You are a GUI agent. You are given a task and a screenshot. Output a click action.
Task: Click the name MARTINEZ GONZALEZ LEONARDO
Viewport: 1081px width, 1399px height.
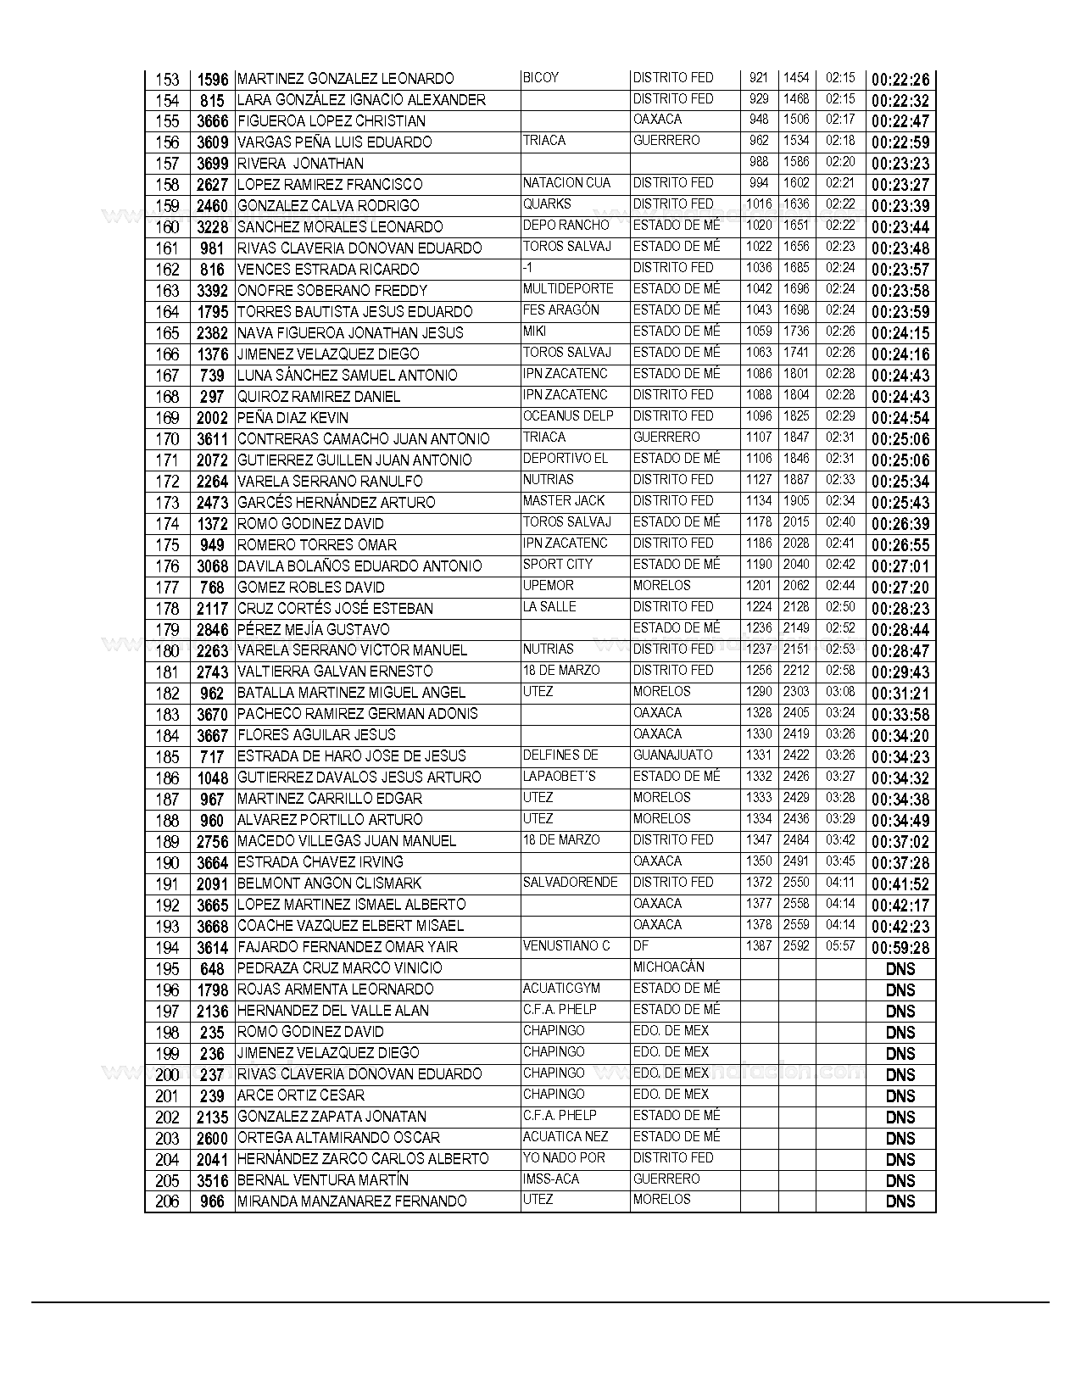pos(345,79)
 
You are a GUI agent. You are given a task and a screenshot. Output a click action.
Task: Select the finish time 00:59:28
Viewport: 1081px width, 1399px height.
pos(900,948)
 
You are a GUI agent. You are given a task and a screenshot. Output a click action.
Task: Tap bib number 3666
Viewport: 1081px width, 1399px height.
pos(212,121)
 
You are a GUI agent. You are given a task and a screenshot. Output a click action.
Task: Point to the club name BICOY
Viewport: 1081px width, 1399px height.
pos(541,77)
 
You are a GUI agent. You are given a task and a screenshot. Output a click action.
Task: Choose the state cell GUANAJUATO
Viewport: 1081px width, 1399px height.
pos(673,755)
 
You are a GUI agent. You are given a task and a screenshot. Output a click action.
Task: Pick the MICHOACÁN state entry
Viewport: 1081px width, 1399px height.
pos(669,967)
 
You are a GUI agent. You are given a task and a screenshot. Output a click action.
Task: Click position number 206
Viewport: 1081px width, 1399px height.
pos(168,1201)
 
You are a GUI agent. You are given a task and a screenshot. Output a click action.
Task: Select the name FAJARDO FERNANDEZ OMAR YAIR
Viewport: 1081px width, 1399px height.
pos(348,947)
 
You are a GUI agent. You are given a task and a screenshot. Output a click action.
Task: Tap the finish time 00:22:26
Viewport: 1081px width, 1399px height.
pos(900,80)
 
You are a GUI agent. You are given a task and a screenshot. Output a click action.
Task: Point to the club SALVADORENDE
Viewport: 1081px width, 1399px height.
pos(570,883)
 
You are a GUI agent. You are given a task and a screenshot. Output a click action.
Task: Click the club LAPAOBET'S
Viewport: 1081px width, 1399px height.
pos(560,777)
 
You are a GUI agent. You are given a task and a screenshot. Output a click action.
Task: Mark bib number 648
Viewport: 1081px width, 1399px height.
pos(212,969)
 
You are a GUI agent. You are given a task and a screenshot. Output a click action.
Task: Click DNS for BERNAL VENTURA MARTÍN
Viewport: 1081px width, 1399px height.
pos(900,1181)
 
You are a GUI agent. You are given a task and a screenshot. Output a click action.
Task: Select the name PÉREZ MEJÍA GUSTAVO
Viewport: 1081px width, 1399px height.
pos(314,629)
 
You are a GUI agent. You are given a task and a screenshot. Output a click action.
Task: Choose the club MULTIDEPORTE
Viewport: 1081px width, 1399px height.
pos(567,289)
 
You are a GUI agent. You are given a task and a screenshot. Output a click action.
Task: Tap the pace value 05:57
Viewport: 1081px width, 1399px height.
pos(839,946)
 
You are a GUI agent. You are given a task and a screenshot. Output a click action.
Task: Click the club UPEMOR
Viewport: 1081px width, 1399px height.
pos(549,586)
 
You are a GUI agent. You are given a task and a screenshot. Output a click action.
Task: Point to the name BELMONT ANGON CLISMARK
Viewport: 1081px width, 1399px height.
pos(329,883)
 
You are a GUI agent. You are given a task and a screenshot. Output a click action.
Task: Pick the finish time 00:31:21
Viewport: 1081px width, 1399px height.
pos(900,694)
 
